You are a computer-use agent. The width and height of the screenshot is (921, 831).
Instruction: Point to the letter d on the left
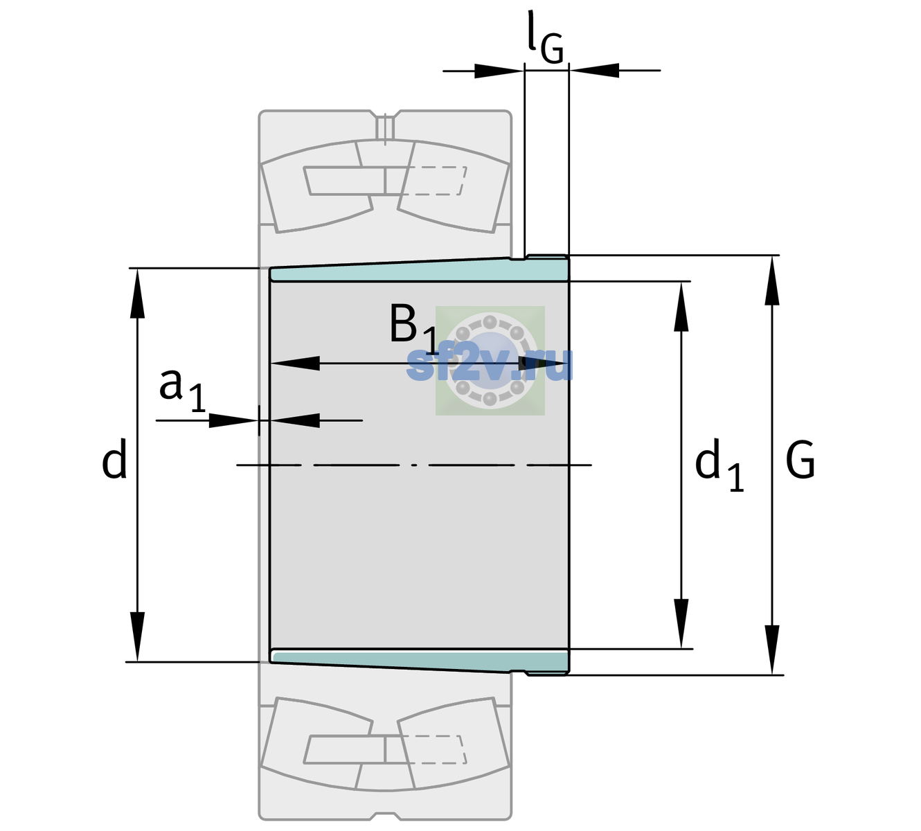click(114, 458)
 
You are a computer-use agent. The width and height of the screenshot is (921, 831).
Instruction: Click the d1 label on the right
click(719, 465)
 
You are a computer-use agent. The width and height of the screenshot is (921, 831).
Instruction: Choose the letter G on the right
click(801, 460)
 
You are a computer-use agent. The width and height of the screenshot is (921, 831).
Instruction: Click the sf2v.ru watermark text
click(490, 364)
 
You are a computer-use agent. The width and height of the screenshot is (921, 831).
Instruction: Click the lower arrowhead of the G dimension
click(772, 650)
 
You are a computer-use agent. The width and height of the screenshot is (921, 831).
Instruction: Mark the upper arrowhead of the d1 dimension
click(681, 306)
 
